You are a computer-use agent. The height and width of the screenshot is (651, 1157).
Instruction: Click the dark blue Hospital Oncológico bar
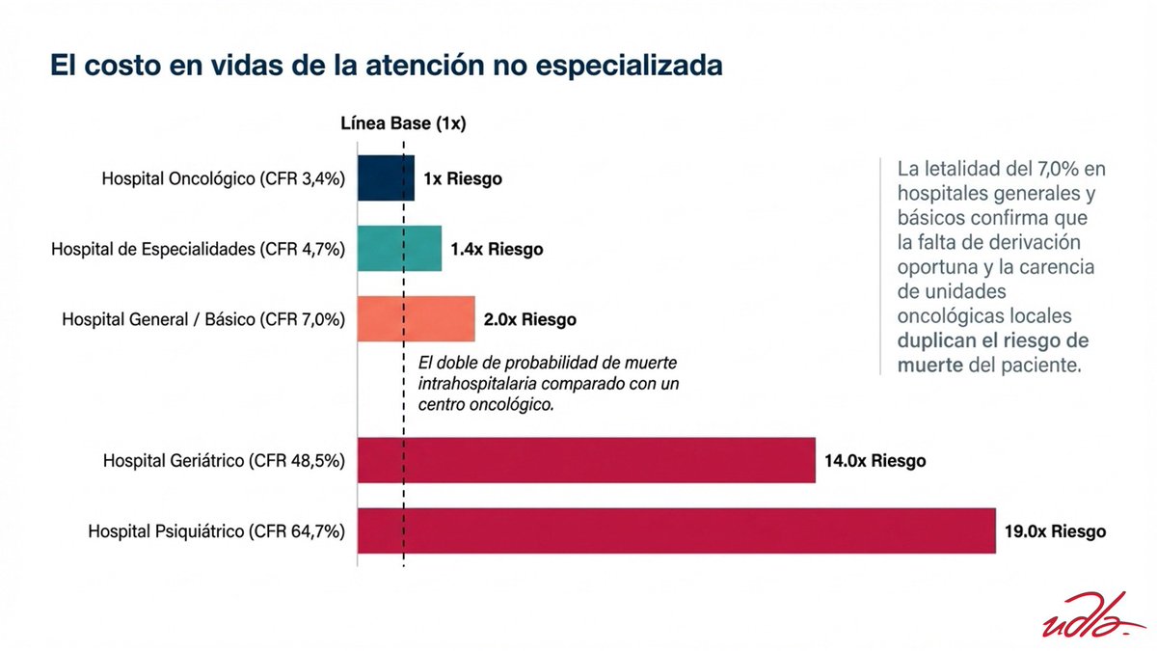click(x=386, y=178)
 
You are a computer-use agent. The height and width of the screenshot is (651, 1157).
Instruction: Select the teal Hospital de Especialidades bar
click(x=399, y=249)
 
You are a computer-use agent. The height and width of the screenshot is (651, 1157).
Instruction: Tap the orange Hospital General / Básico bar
click(x=416, y=318)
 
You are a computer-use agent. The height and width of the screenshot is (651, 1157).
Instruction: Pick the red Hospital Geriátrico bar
click(x=586, y=460)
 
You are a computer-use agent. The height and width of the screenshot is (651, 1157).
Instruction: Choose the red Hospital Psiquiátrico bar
click(x=676, y=530)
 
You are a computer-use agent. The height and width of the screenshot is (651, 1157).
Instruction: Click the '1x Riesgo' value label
click(x=462, y=179)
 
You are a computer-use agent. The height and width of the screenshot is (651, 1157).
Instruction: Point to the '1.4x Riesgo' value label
click(x=496, y=250)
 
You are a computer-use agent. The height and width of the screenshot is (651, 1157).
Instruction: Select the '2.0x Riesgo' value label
click(x=529, y=319)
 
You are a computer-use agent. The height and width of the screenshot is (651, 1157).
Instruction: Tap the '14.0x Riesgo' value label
click(x=874, y=461)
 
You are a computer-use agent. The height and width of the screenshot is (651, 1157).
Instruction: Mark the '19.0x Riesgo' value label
click(x=1055, y=531)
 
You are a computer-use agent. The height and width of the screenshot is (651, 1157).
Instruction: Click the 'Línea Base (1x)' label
click(x=403, y=123)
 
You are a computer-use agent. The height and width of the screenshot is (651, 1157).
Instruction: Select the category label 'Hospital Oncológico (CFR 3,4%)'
click(x=224, y=179)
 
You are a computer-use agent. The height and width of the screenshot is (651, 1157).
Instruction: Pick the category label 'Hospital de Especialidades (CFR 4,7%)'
click(x=198, y=250)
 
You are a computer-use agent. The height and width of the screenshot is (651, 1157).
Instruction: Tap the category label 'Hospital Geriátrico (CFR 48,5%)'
click(x=224, y=461)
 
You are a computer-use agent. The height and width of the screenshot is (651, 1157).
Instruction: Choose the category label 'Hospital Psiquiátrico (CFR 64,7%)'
click(x=217, y=531)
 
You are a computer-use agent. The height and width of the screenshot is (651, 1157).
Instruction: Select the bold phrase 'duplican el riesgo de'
click(x=993, y=340)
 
